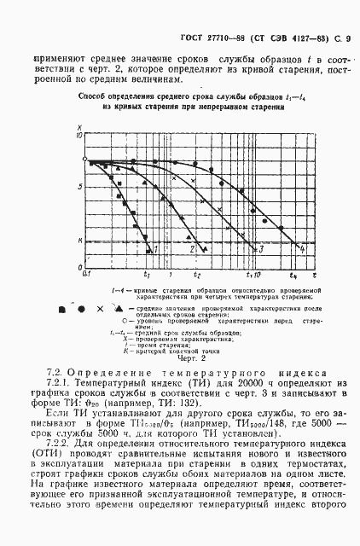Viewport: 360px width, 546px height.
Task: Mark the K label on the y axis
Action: click(78, 241)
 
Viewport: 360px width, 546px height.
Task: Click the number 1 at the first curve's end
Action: click(154, 248)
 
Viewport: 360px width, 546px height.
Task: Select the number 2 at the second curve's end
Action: click(193, 248)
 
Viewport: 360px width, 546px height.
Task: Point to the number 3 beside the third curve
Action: click(260, 250)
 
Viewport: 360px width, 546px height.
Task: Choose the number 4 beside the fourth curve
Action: click(303, 248)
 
